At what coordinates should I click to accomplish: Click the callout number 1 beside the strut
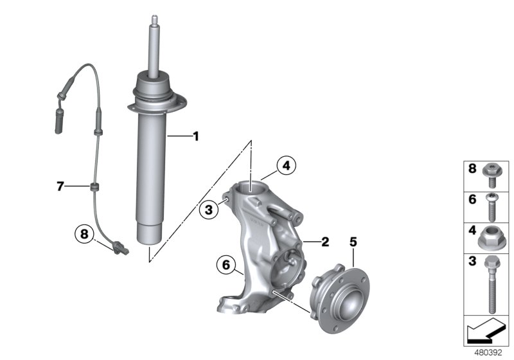[x=196, y=136]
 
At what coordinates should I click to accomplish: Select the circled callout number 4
[x=286, y=166]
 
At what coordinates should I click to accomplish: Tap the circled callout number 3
[x=209, y=209]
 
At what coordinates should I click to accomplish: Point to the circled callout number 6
[x=226, y=265]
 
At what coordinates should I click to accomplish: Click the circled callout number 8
[x=85, y=234]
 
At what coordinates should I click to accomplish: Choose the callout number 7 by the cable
[x=60, y=186]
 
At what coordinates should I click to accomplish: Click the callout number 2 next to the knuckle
[x=325, y=242]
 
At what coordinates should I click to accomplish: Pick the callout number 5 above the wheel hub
[x=353, y=242]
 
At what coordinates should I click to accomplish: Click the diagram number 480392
[x=488, y=353]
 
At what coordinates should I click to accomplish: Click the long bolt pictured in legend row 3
[x=491, y=285]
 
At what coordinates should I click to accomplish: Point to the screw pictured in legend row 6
[x=492, y=208]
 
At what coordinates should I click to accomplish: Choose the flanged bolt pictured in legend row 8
[x=491, y=175]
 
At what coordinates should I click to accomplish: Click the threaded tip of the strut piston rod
[x=154, y=21]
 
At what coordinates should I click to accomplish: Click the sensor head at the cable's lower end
[x=120, y=248]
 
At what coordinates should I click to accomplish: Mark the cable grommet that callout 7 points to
[x=94, y=187]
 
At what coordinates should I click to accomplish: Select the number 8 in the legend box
[x=472, y=168]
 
